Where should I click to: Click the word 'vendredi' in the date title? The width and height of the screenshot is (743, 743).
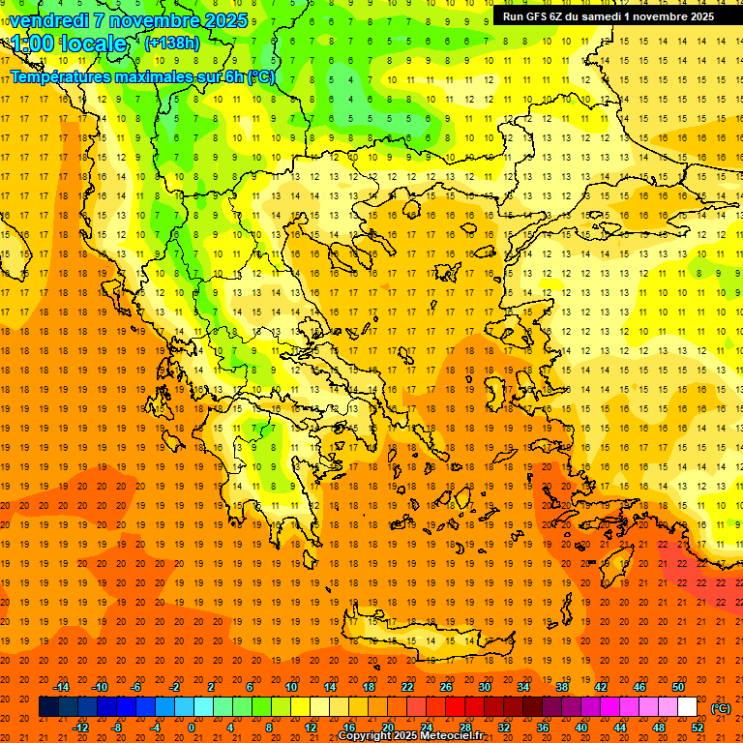click(x=49, y=19)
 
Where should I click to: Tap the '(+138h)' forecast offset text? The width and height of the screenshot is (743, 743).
click(x=171, y=43)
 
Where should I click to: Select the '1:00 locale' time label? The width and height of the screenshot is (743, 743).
click(x=69, y=44)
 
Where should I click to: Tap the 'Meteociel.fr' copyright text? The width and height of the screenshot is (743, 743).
click(x=459, y=736)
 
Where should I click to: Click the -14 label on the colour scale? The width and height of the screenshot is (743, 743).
click(x=61, y=687)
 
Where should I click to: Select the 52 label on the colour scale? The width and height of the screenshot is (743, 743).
click(x=697, y=728)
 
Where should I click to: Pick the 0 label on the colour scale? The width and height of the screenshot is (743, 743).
click(x=192, y=728)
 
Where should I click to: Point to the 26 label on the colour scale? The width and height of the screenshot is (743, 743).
click(x=446, y=687)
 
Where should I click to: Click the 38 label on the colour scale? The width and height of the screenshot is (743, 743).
click(x=562, y=687)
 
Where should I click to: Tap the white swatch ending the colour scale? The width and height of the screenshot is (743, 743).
click(x=687, y=707)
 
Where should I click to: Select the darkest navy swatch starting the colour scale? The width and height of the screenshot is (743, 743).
click(x=48, y=707)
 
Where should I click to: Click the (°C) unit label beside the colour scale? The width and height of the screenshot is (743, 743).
click(x=721, y=708)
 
